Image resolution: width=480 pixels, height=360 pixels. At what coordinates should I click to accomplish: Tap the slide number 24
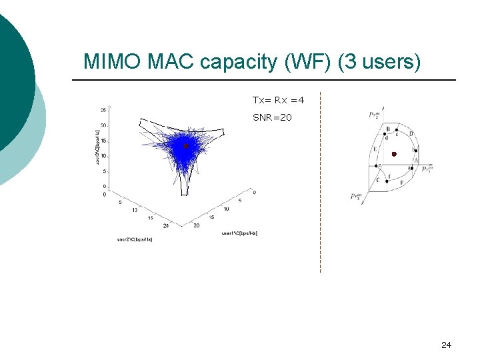[x=446, y=345]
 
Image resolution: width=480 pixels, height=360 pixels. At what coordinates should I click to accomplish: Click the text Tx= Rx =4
[x=278, y=100]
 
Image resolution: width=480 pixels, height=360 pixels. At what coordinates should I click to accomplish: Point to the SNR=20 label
[x=271, y=117]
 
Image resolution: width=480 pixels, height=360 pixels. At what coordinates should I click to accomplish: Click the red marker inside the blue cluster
[x=186, y=145]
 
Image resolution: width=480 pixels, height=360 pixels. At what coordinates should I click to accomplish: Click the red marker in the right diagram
[x=394, y=154]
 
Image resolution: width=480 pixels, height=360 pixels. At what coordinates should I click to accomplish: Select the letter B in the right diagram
[x=387, y=129]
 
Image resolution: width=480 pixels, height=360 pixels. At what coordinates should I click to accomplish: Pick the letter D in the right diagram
[x=411, y=134]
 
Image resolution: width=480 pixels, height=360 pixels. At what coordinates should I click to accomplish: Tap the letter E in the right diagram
[x=375, y=149]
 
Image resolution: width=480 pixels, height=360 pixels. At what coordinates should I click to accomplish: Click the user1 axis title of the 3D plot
[x=239, y=233]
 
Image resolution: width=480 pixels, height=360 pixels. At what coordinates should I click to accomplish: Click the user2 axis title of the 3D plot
[x=135, y=239]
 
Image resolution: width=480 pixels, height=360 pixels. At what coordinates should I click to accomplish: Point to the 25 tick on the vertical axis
[x=103, y=110]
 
